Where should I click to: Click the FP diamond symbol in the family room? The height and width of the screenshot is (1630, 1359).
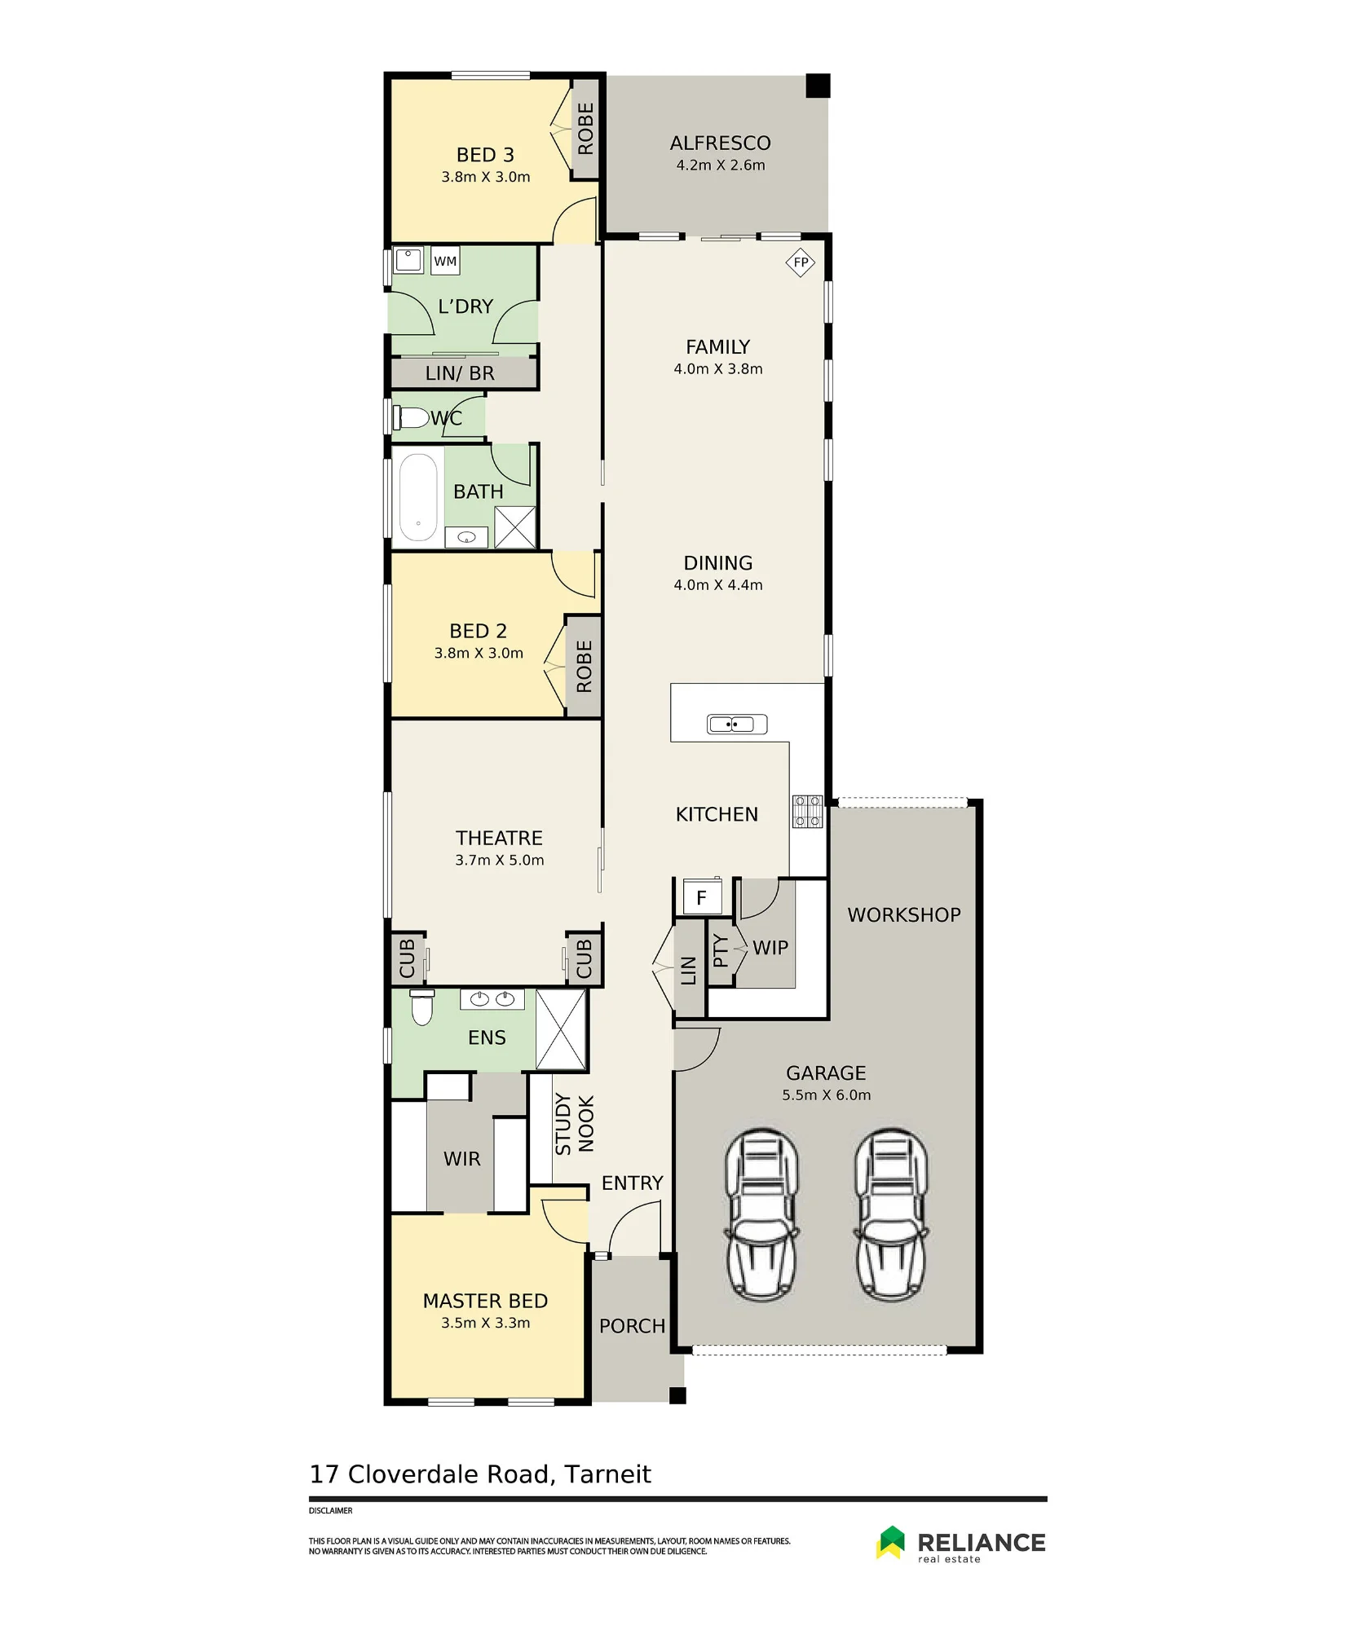pyautogui.click(x=801, y=262)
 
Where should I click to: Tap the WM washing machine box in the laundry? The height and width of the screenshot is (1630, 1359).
pyautogui.click(x=445, y=261)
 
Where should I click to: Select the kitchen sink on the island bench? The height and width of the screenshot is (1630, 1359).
pyautogui.click(x=737, y=724)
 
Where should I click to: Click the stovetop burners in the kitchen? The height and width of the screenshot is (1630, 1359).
pyautogui.click(x=807, y=812)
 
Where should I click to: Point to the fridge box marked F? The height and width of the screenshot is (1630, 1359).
pyautogui.click(x=701, y=898)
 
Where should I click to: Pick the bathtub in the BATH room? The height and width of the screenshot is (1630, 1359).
pyautogui.click(x=418, y=497)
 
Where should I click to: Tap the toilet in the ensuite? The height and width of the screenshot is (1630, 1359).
pyautogui.click(x=421, y=1008)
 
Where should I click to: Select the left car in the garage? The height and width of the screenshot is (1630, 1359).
pyautogui.click(x=761, y=1214)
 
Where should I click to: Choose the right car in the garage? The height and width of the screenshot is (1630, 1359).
pyautogui.click(x=891, y=1214)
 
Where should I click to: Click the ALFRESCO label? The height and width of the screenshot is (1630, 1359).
pyautogui.click(x=720, y=143)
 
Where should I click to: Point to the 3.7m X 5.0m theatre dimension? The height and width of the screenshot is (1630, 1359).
pyautogui.click(x=500, y=860)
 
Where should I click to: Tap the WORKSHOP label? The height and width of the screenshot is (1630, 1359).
pyautogui.click(x=904, y=915)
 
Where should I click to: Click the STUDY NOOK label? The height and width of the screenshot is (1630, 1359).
pyautogui.click(x=575, y=1124)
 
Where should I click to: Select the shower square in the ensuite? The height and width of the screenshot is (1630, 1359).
pyautogui.click(x=561, y=1029)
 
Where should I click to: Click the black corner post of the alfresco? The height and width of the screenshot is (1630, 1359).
pyautogui.click(x=818, y=86)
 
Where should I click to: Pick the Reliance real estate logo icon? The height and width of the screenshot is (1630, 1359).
pyautogui.click(x=891, y=1542)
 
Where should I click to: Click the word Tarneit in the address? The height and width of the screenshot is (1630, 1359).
pyautogui.click(x=607, y=1474)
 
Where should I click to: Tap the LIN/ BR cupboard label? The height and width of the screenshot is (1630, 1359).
pyautogui.click(x=460, y=373)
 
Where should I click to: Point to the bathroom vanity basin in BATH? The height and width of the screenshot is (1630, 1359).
pyautogui.click(x=466, y=537)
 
